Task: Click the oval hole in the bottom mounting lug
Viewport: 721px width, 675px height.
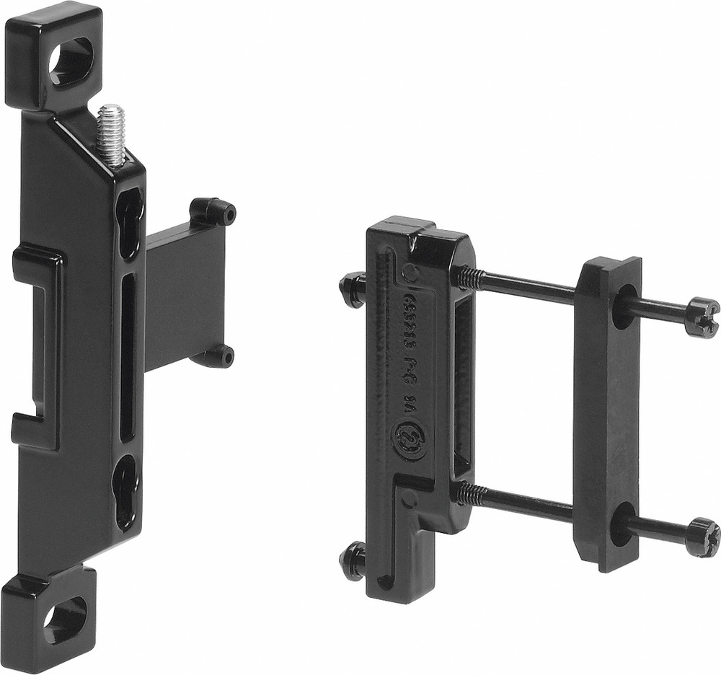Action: (65, 619)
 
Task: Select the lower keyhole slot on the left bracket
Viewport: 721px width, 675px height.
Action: (127, 490)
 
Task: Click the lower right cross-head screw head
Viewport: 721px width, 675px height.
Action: (702, 537)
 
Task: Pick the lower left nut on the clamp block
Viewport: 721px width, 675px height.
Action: (353, 561)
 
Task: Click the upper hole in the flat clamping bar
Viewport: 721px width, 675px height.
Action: (624, 306)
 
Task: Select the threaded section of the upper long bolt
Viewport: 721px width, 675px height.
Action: (469, 278)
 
